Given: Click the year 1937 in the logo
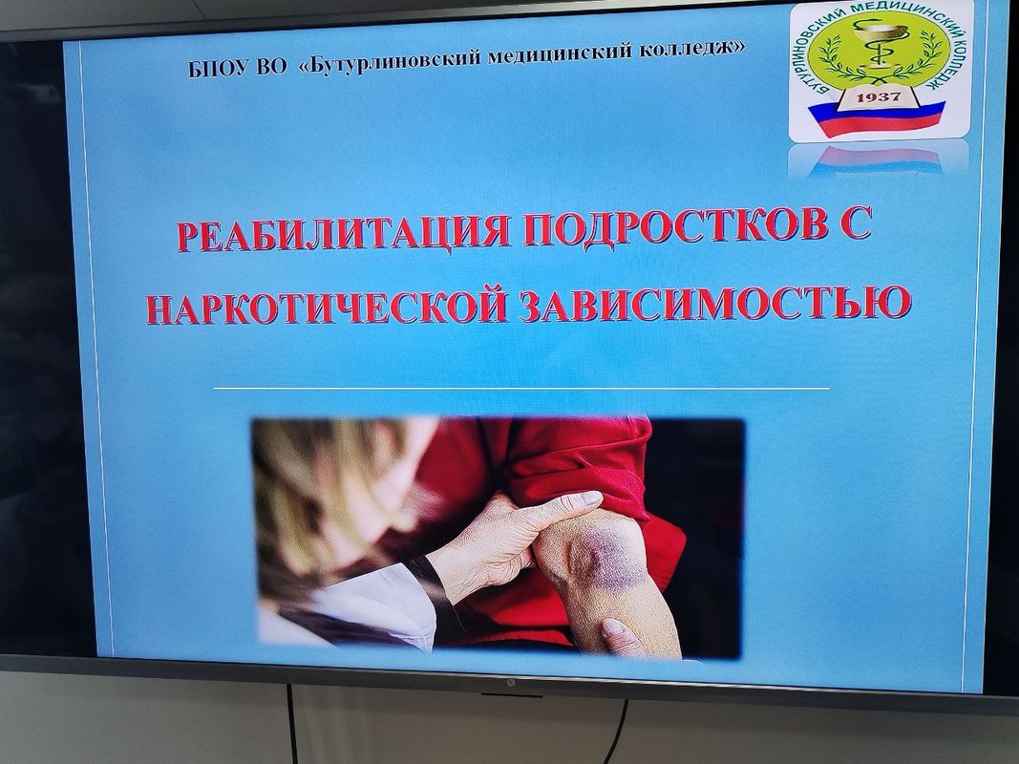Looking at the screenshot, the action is pyautogui.click(x=879, y=97).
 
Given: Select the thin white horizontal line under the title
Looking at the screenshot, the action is pyautogui.click(x=521, y=389).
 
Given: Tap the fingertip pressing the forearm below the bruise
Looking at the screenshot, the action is pyautogui.click(x=613, y=629).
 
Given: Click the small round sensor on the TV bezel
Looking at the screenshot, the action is pyautogui.click(x=510, y=682).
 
